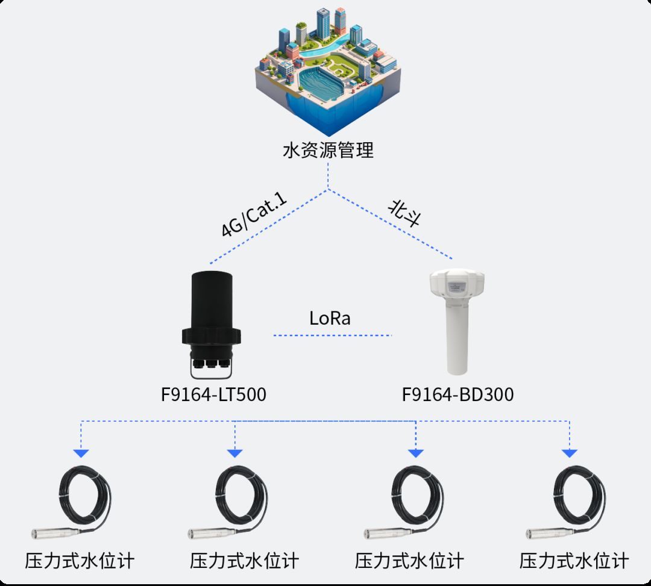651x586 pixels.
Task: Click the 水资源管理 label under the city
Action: [328, 149]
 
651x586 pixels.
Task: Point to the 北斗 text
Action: [404, 214]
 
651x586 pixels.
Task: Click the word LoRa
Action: [330, 318]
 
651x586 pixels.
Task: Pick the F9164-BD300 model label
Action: [458, 394]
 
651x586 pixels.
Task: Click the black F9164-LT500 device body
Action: [211, 301]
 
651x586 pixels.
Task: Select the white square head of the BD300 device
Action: [458, 284]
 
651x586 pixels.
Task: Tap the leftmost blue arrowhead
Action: [81, 454]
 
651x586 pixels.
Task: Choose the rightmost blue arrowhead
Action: [569, 454]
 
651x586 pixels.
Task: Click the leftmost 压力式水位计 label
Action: [80, 561]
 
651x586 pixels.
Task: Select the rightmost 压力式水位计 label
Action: [574, 561]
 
